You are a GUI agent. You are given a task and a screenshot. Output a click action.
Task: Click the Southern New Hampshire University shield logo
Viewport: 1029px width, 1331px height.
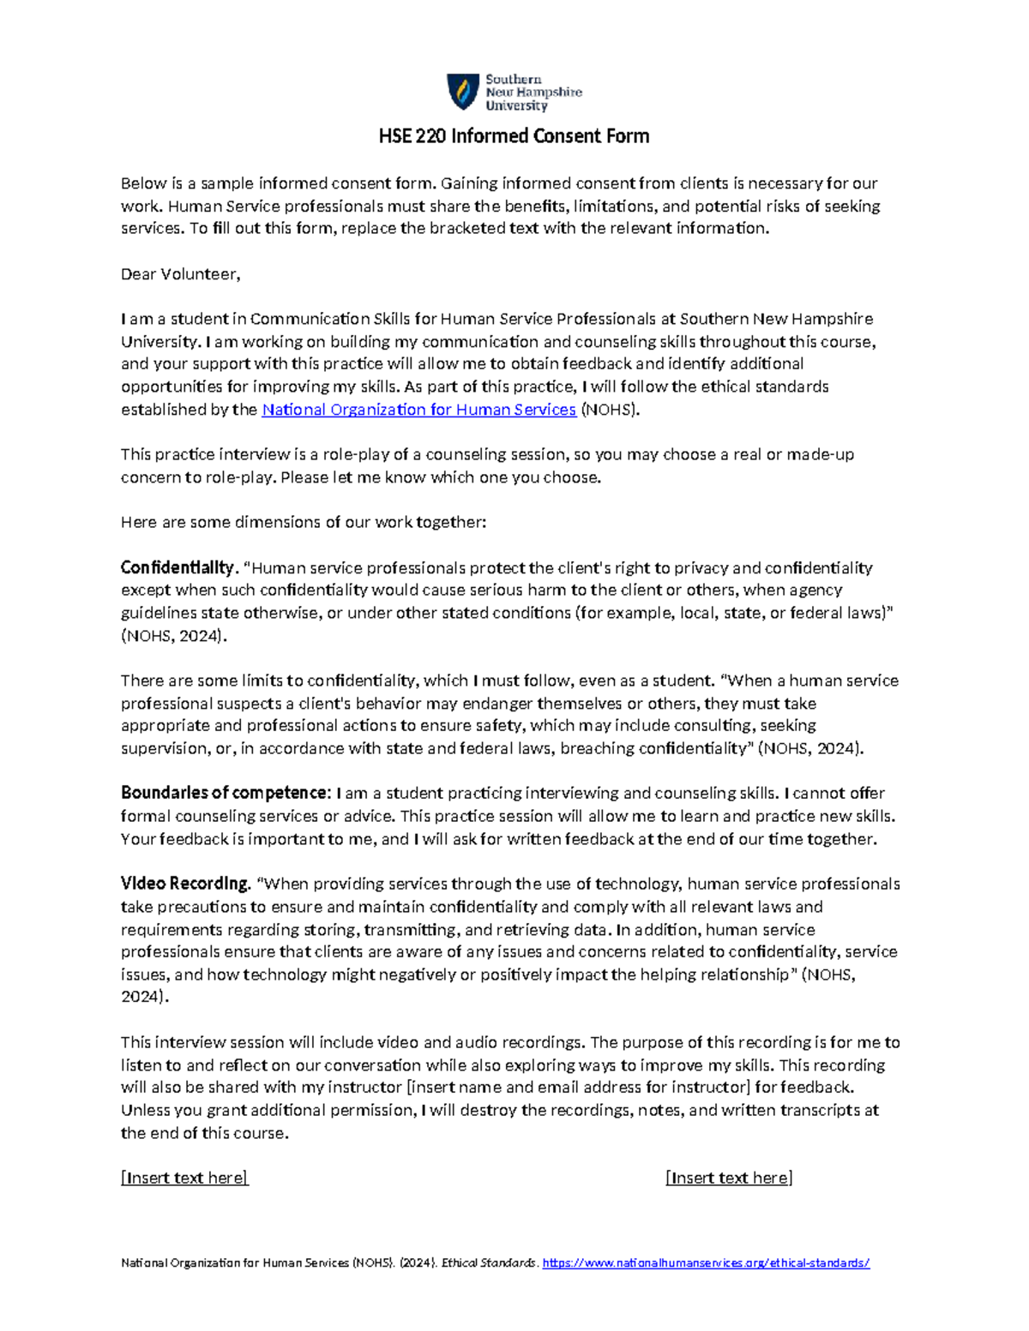(x=463, y=92)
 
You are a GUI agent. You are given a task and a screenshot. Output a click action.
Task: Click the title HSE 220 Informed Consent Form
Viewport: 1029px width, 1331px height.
(x=514, y=136)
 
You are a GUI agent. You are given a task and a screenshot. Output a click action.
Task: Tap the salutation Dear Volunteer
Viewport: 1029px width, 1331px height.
(x=180, y=274)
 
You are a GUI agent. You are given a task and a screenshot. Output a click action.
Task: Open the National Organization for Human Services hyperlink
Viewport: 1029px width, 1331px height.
(x=418, y=410)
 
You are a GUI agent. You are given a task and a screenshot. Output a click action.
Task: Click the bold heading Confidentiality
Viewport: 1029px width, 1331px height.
(x=177, y=567)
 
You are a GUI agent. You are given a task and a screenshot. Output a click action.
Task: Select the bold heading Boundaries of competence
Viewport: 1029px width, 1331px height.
(x=225, y=793)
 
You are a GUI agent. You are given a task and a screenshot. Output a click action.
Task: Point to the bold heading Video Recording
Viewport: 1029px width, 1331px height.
(x=184, y=884)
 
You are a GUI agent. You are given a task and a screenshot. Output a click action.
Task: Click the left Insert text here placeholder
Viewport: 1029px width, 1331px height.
(x=184, y=1178)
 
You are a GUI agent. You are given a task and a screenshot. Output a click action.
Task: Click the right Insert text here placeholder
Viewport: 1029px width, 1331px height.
(x=729, y=1178)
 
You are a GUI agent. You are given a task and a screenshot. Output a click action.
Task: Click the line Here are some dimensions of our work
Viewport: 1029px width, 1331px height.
(x=303, y=522)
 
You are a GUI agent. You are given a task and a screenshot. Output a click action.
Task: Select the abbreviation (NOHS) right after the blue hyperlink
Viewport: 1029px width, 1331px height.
(x=610, y=410)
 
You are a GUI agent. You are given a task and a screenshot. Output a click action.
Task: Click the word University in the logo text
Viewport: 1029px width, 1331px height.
(x=516, y=106)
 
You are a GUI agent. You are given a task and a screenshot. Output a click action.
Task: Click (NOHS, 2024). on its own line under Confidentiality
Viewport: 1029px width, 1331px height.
(x=175, y=635)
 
